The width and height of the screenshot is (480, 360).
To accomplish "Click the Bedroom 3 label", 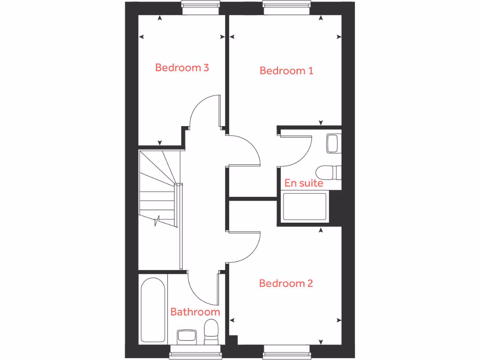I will [x=182, y=67].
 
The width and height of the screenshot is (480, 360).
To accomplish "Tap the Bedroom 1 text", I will [x=286, y=71].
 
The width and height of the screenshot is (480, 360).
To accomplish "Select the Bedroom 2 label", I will [x=285, y=283].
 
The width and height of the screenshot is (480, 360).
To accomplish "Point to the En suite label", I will [x=304, y=183].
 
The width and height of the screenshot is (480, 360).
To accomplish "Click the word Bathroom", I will [x=195, y=312].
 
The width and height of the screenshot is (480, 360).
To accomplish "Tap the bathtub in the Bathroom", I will [x=153, y=310].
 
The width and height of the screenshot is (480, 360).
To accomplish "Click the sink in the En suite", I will [x=333, y=143].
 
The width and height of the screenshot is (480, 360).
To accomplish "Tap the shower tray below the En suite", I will [x=305, y=207].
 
